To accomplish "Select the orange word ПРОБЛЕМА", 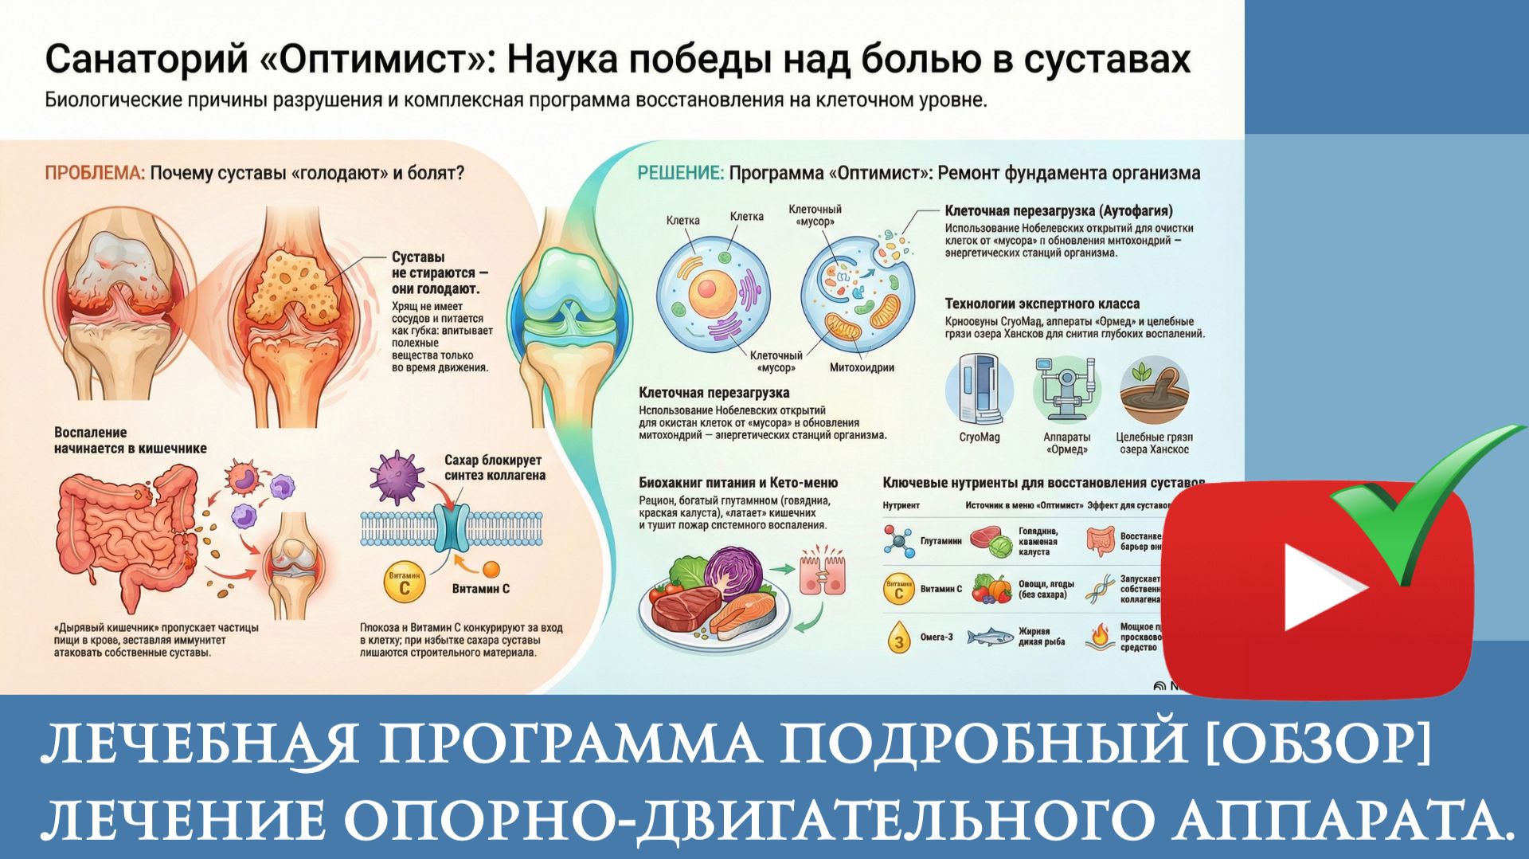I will pos(94,173).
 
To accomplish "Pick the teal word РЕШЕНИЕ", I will pos(679,173).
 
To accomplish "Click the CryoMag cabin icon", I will pos(979,391).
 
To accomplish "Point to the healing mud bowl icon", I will pos(1153,390).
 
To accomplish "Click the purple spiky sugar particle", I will pos(396,476).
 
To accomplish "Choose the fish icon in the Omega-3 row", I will pos(990,637).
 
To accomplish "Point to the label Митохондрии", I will pos(862,368).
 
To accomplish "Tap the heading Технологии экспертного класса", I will pos(1042,304).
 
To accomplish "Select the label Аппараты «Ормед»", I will pos(1066,443).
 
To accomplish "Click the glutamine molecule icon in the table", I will pos(899,541).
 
